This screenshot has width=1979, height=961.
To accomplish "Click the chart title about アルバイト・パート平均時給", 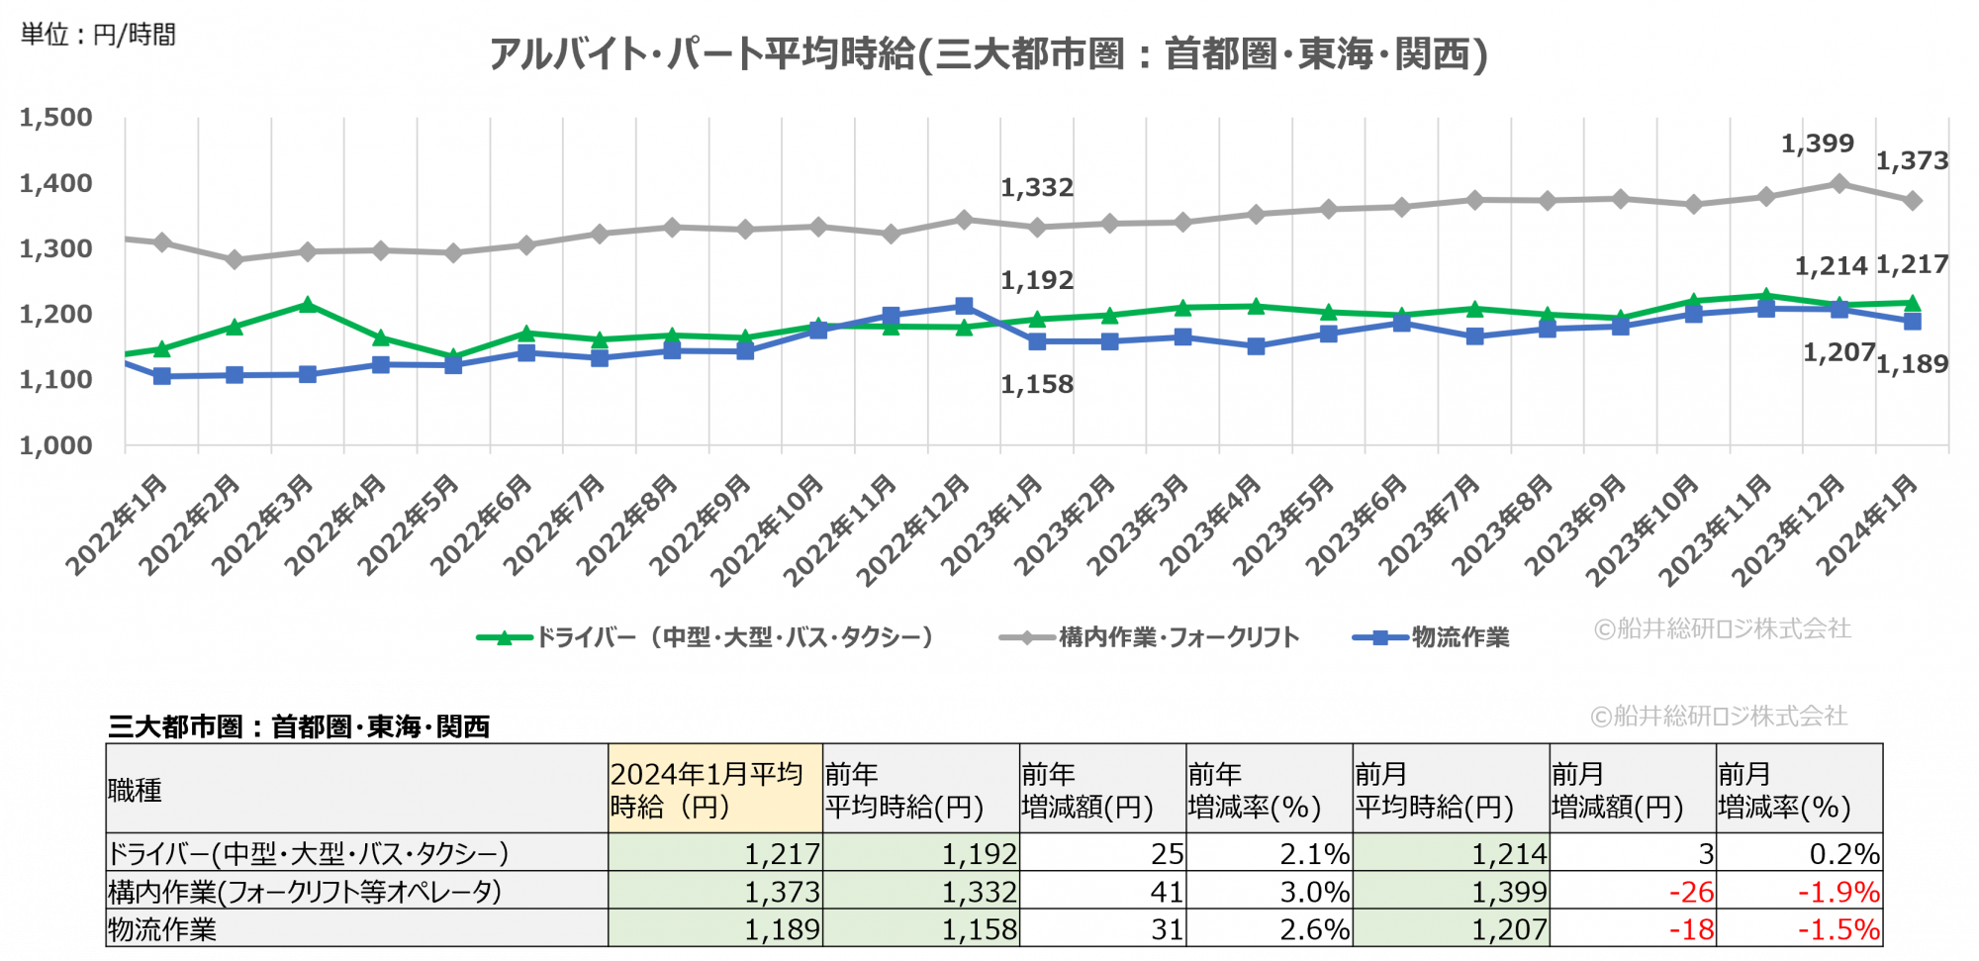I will click(988, 54).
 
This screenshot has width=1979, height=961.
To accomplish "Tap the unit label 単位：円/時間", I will click(98, 35).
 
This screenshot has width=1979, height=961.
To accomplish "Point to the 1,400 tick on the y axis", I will click(56, 183).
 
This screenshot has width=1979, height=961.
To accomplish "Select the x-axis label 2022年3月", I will click(263, 525).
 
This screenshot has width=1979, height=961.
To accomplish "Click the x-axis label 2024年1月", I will click(1867, 525).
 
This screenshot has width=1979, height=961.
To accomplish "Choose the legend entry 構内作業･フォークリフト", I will click(1150, 637).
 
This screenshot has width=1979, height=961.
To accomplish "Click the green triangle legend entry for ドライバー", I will click(705, 637).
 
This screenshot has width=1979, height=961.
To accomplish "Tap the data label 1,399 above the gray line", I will click(1817, 144).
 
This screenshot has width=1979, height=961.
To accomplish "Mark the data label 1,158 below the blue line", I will click(1036, 385).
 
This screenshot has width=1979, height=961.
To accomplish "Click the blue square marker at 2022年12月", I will click(964, 306).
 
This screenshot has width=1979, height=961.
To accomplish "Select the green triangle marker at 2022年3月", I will click(308, 305).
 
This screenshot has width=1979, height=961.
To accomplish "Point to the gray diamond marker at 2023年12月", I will click(1838, 183).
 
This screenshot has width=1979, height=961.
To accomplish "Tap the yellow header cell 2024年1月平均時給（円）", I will click(714, 790).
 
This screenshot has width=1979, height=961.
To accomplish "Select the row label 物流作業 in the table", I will click(162, 929).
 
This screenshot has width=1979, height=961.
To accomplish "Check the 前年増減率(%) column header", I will click(1269, 790).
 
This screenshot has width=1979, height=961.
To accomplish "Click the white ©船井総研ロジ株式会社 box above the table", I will click(1721, 716).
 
